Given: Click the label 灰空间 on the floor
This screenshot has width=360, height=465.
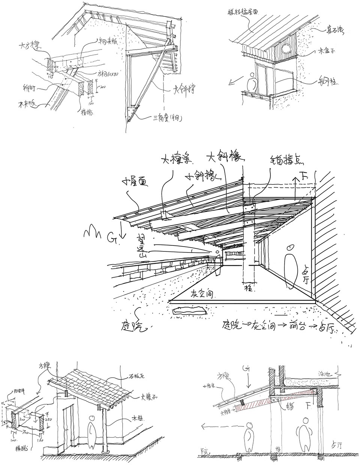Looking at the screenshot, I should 202,295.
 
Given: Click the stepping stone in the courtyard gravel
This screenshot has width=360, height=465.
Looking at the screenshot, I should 189,310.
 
